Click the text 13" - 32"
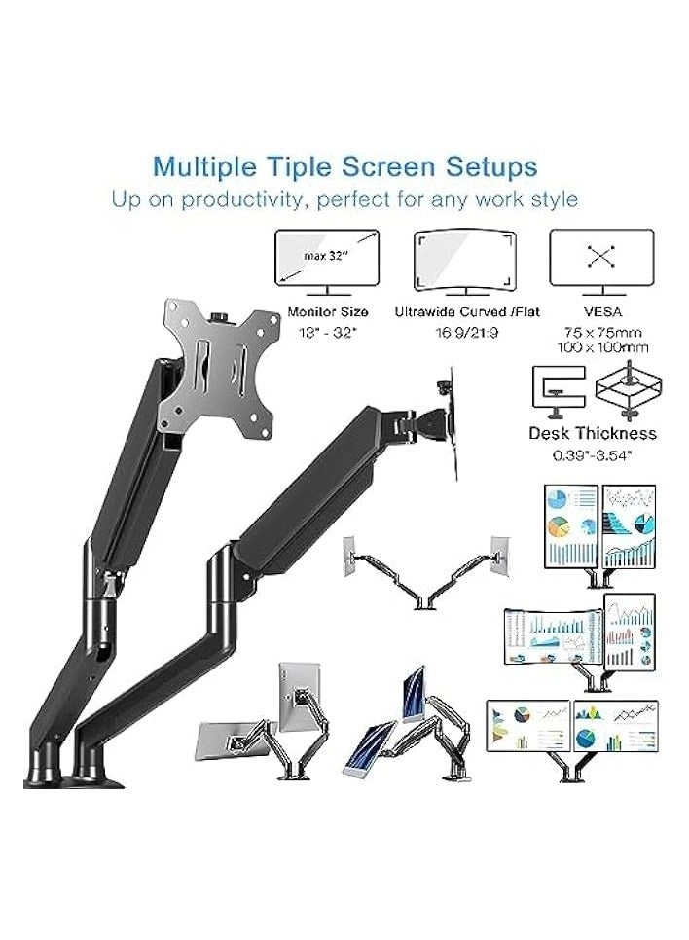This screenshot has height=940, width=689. click(327, 332)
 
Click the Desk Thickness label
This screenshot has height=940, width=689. click(592, 434)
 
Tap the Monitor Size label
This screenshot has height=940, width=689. click(327, 313)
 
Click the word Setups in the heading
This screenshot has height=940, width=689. click(488, 165)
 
